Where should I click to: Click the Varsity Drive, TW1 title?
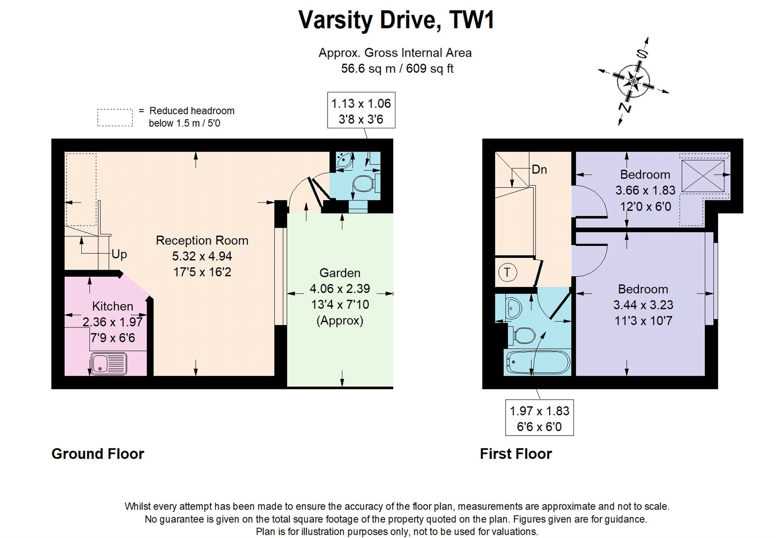[396, 20]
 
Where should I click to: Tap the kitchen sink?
[109, 363]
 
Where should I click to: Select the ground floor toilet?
[363, 183]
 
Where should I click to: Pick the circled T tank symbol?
[507, 272]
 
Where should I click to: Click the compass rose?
[633, 81]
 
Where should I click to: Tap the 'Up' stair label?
[119, 254]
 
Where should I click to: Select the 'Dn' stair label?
[539, 169]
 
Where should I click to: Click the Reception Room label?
[202, 240]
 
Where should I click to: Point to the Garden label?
[340, 273]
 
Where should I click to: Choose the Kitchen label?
[112, 306]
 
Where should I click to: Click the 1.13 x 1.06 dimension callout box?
[361, 111]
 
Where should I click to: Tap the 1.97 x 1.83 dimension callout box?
[539, 418]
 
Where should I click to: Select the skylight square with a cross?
[703, 175]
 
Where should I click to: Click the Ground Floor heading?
[98, 454]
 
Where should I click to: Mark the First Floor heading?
[516, 454]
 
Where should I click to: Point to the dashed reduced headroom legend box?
[115, 118]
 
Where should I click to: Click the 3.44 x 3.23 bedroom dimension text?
[643, 305]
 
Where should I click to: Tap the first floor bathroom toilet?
[523, 335]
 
